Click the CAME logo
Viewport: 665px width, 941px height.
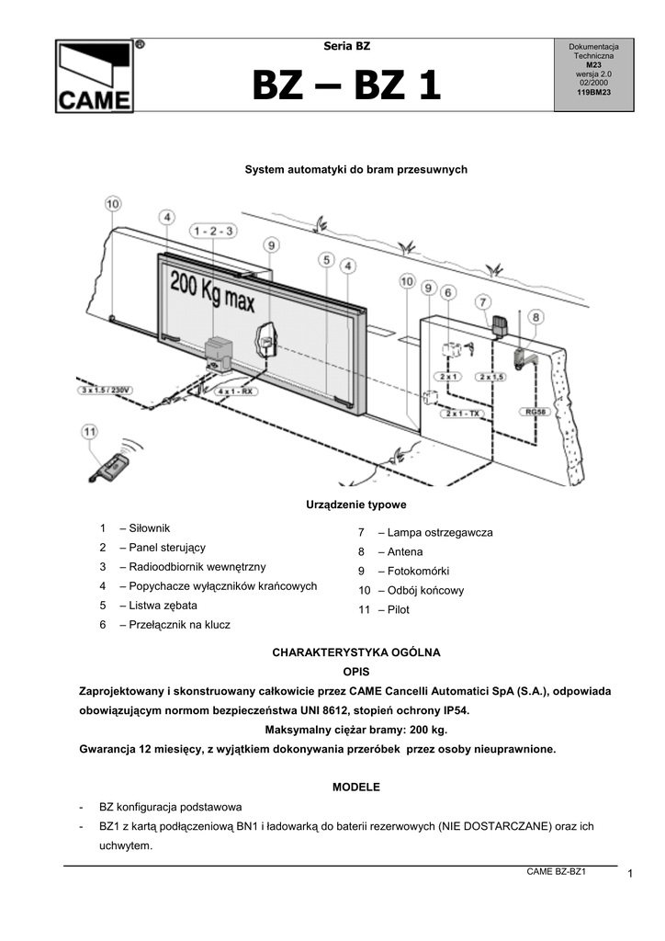94,76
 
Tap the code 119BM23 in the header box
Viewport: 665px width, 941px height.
593,92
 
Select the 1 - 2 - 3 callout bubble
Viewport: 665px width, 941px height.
212,231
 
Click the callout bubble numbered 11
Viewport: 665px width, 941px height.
89,431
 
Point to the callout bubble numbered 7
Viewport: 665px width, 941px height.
483,301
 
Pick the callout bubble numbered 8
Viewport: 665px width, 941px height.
535,317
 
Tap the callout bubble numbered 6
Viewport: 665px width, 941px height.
447,292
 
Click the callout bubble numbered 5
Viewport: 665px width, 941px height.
326,260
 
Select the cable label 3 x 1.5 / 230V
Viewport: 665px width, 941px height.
107,391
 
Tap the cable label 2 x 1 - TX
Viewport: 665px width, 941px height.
464,414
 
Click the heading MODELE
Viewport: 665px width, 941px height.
355,788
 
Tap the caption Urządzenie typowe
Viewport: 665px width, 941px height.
355,505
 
